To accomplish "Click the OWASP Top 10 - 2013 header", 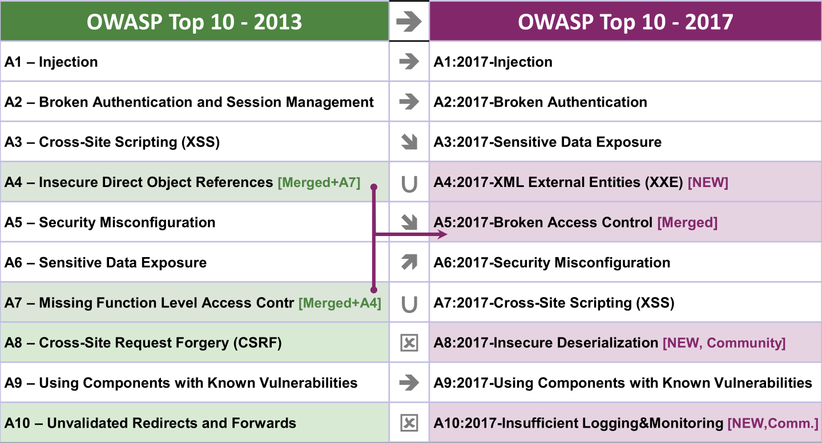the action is tap(195, 21).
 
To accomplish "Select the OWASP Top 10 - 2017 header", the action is tap(625, 21).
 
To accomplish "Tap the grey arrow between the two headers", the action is tap(409, 21).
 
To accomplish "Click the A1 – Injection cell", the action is tap(195, 61).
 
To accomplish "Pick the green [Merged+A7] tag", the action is tap(319, 182).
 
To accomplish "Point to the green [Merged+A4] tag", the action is tap(340, 303).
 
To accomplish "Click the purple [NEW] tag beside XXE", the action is tap(708, 182).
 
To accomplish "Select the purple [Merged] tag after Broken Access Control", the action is tap(687, 222).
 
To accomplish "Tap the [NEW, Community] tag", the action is tap(724, 343).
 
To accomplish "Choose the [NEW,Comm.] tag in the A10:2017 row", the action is tap(773, 423).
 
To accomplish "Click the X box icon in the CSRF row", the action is tap(409, 343).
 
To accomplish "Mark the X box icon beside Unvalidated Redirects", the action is tap(409, 423).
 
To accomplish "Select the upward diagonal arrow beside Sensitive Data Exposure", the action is tap(409, 262).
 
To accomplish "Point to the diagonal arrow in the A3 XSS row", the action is tap(409, 142).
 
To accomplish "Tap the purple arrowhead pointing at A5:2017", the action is tap(442, 234).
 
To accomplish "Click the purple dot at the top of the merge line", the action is tap(374, 187).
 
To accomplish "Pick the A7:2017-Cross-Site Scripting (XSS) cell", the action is tap(625, 302).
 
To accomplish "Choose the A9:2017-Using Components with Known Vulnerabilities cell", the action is tap(625, 383).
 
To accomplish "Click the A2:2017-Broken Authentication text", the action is tap(540, 102).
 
